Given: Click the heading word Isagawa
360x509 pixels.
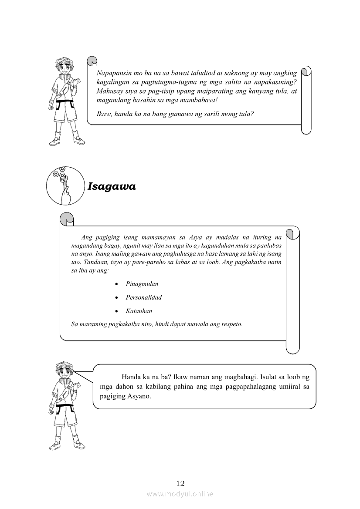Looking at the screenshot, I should [x=112, y=187].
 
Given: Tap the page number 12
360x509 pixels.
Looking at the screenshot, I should [x=180, y=483].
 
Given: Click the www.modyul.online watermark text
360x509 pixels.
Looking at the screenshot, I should [x=180, y=494].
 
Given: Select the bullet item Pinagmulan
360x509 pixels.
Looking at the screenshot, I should [x=142, y=284].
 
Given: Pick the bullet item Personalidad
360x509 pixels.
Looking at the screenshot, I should [x=144, y=297].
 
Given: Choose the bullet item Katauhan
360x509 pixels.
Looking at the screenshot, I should [x=139, y=311].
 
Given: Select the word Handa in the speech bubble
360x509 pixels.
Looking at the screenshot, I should [x=131, y=377].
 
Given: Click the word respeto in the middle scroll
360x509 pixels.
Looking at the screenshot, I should [x=231, y=324].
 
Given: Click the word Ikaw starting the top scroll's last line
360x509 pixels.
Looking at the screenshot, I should [x=104, y=114].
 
